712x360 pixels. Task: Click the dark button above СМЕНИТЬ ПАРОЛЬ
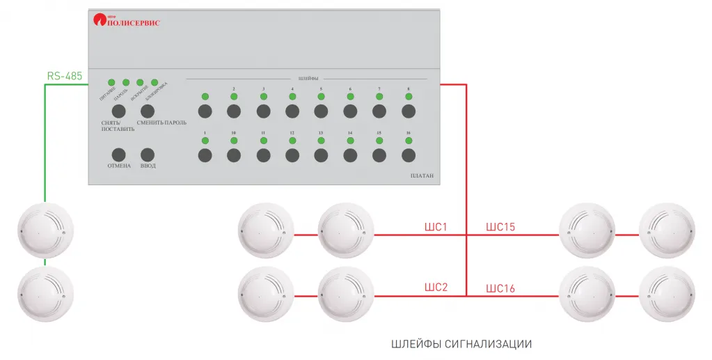(x=147, y=111)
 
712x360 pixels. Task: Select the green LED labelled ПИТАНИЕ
(x=111, y=83)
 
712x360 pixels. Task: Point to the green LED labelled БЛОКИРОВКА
(x=155, y=83)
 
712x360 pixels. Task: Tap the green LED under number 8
(x=409, y=97)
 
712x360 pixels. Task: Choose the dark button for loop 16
(x=409, y=155)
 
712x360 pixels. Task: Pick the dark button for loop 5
(x=321, y=111)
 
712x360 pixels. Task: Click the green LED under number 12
(x=292, y=141)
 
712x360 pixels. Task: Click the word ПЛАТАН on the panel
(x=418, y=176)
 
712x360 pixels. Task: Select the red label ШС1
(x=436, y=227)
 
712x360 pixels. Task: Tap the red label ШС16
(x=500, y=288)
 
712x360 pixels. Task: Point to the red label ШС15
(x=500, y=227)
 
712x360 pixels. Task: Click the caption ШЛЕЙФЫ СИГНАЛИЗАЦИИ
(x=461, y=344)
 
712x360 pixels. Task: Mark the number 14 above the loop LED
(x=350, y=132)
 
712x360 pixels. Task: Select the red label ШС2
(x=436, y=288)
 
